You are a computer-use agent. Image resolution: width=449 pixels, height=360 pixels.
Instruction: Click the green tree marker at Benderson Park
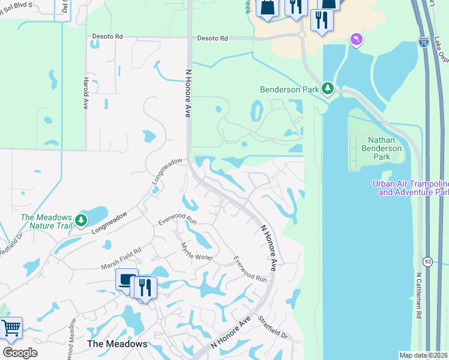pos(328,89)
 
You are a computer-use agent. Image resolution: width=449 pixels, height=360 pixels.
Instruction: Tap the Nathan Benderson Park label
pos(379,148)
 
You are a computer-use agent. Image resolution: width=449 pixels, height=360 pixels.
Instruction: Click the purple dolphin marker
pos(356,39)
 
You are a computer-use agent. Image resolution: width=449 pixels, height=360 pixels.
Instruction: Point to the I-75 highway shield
pos(424,43)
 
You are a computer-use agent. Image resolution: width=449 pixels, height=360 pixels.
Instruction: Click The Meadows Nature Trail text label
pos(46,221)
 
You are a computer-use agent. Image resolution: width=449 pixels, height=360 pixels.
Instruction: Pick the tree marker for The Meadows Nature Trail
pos(81,221)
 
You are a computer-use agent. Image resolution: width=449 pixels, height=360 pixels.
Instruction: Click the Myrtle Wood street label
pos(197,251)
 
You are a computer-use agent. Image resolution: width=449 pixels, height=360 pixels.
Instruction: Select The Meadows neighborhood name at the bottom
pos(117,344)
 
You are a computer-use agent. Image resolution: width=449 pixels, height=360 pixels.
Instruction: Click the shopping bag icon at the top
pos(267,7)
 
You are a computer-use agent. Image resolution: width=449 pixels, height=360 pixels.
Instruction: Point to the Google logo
pos(20,353)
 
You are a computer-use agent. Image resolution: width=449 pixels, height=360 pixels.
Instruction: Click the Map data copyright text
pos(423,355)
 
